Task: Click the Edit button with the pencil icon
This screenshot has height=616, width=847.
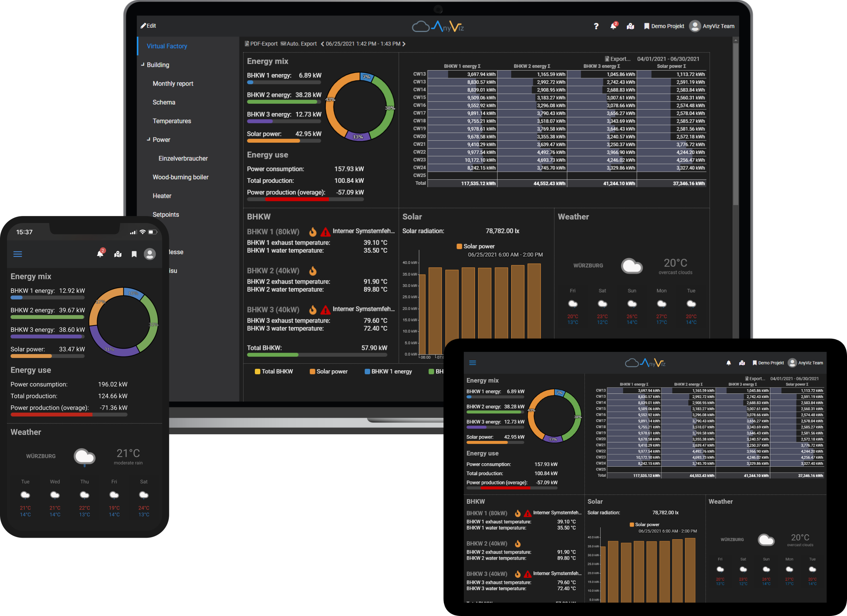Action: [x=148, y=26]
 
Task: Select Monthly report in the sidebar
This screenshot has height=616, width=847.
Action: [x=173, y=84]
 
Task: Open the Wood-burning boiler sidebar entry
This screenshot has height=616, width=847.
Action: [x=180, y=177]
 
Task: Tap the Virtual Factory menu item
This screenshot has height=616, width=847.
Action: [x=167, y=46]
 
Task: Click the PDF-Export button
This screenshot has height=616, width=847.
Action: [x=261, y=44]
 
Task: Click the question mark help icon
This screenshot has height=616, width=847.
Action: [x=596, y=26]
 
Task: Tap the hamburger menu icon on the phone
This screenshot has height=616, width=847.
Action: [x=18, y=254]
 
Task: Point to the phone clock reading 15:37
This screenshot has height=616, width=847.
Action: [x=24, y=232]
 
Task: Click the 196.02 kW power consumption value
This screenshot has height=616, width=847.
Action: [x=113, y=385]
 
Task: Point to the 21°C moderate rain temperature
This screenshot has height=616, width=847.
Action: [x=128, y=453]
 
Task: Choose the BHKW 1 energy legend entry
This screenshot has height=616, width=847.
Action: [x=388, y=371]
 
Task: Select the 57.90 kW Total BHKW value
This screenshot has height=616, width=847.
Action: [x=374, y=348]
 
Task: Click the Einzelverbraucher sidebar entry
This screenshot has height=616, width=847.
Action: [x=183, y=159]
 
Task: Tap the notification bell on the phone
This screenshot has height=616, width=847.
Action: [x=100, y=254]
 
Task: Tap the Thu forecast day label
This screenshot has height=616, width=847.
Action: [x=84, y=482]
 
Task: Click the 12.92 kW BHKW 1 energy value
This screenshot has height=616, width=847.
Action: [x=72, y=291]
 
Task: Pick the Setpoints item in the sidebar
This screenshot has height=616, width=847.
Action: [x=166, y=215]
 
